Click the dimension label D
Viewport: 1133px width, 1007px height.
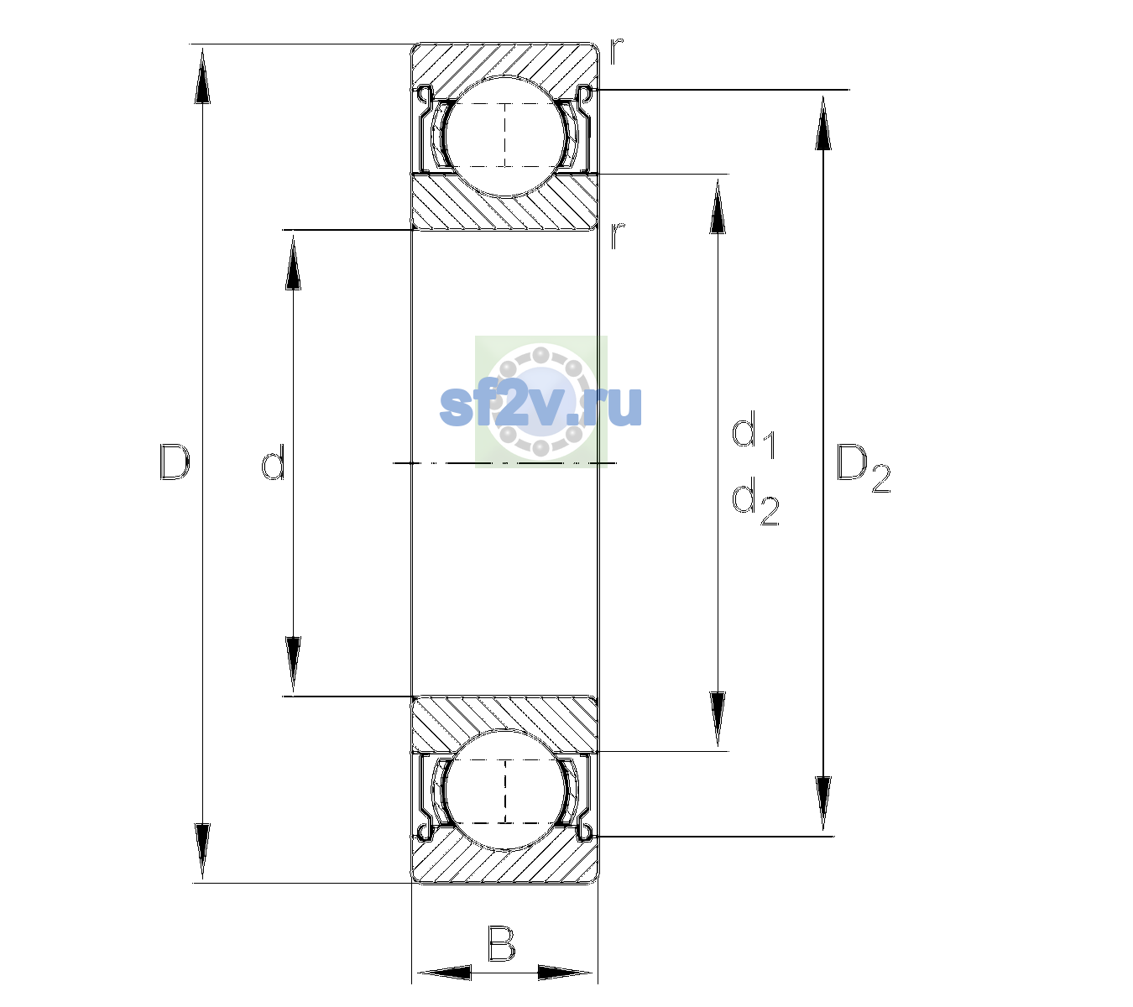click(x=175, y=462)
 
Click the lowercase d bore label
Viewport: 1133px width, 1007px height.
click(x=274, y=462)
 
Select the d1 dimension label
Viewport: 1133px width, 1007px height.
click(x=754, y=434)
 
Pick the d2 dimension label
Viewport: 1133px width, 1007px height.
click(x=755, y=501)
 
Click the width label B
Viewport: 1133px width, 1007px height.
click(x=501, y=944)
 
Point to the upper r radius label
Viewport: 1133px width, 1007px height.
click(x=616, y=51)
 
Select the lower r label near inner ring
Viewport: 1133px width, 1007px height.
click(x=616, y=236)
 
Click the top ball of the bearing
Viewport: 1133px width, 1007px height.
click(x=505, y=137)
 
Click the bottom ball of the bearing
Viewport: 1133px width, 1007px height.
click(x=505, y=790)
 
